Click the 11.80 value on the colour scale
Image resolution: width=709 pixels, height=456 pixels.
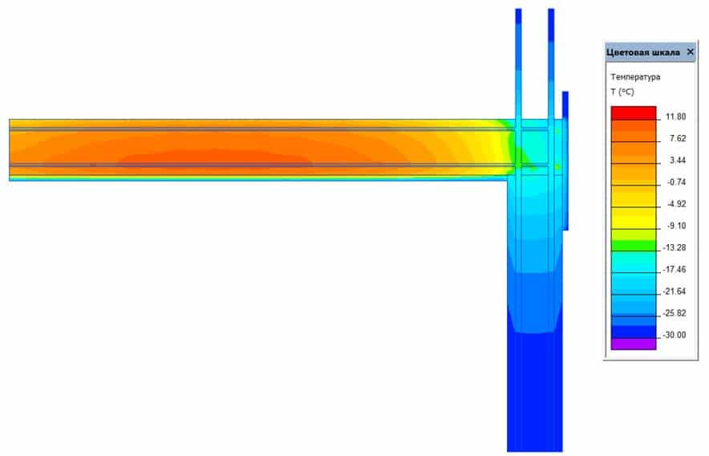point(675,117)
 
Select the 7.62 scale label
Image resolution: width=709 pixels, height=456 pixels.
point(678,139)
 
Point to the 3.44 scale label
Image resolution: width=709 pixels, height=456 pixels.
point(678,161)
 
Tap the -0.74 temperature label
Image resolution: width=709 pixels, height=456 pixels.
point(676,182)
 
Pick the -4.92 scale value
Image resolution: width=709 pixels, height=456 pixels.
point(676,204)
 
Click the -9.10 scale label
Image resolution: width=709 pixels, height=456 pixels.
point(676,226)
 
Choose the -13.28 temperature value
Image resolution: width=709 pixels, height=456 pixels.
point(675,248)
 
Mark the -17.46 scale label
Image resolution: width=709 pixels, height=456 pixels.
point(675,270)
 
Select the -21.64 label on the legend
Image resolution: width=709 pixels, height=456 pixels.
point(675,291)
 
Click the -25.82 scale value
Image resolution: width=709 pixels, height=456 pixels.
point(675,313)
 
